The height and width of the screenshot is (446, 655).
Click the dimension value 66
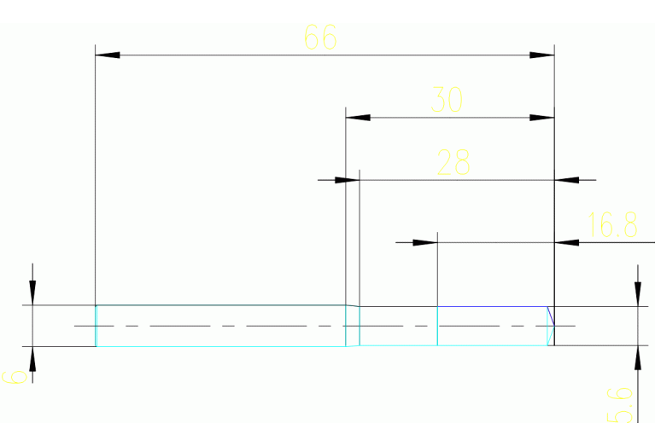tap(320, 38)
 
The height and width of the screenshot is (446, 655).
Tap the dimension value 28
tap(453, 162)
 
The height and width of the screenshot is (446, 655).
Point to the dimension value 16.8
tap(613, 225)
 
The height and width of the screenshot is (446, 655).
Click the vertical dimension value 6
tap(15, 374)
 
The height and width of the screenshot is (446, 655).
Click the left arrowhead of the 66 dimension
tap(107, 55)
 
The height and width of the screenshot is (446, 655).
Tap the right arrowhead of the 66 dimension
tap(542, 55)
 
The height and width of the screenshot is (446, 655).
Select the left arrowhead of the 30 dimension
tap(357, 118)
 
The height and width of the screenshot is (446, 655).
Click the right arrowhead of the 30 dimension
tap(542, 118)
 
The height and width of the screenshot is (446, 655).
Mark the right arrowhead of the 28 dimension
tap(567, 180)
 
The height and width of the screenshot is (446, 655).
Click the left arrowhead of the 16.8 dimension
tap(425, 243)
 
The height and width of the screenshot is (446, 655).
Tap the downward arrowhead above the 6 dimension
tap(32, 293)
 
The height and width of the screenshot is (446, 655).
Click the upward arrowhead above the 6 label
tap(32, 357)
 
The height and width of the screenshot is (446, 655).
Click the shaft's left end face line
tap(96, 326)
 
